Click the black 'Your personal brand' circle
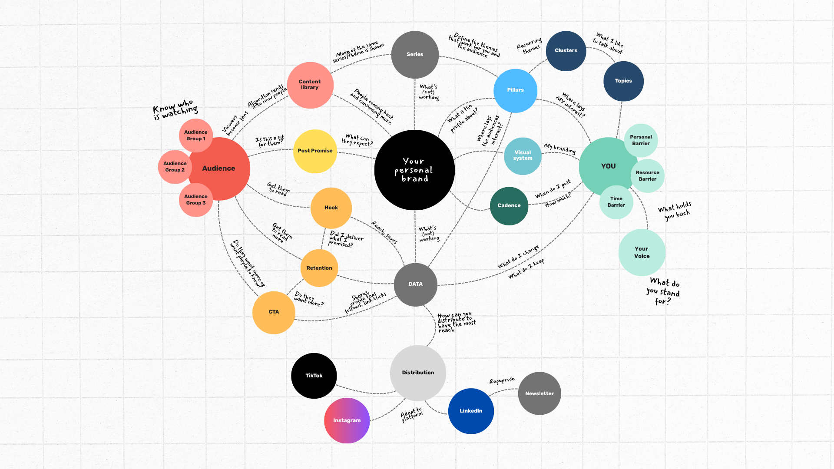(x=414, y=170)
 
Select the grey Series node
(x=415, y=55)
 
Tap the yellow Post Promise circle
(x=315, y=151)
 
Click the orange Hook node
(x=331, y=208)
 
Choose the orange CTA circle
(x=274, y=312)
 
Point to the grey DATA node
(x=415, y=284)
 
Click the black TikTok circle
(x=314, y=376)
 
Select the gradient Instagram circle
(x=347, y=420)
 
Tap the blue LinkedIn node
(x=471, y=411)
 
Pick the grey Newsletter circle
(x=539, y=393)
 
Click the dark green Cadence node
(x=509, y=206)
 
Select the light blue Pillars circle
(x=515, y=90)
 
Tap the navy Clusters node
(x=566, y=51)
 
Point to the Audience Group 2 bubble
(x=175, y=167)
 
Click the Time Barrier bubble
(x=616, y=202)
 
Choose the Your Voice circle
(x=642, y=252)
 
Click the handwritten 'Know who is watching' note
(x=175, y=109)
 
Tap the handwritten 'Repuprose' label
(x=502, y=380)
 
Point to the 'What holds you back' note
(x=675, y=211)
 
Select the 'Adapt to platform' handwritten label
(x=411, y=414)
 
